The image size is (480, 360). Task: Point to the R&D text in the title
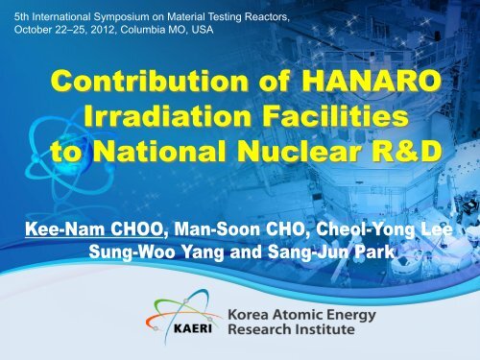coord(390,156)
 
